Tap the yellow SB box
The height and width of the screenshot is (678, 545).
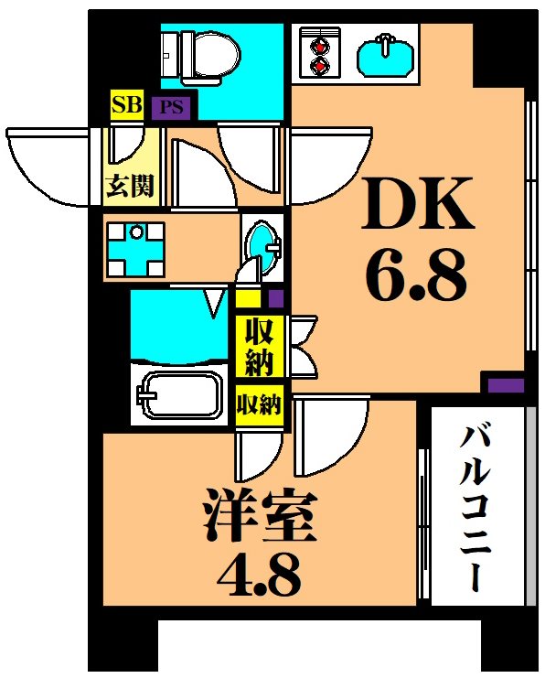(127, 105)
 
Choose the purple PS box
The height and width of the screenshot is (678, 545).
(172, 108)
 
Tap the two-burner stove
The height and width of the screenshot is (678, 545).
(319, 53)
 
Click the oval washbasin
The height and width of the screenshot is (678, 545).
(264, 246)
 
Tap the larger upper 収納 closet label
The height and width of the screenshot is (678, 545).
(260, 347)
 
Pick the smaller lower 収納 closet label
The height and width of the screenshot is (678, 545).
(260, 404)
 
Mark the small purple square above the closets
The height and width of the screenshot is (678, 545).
(275, 297)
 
